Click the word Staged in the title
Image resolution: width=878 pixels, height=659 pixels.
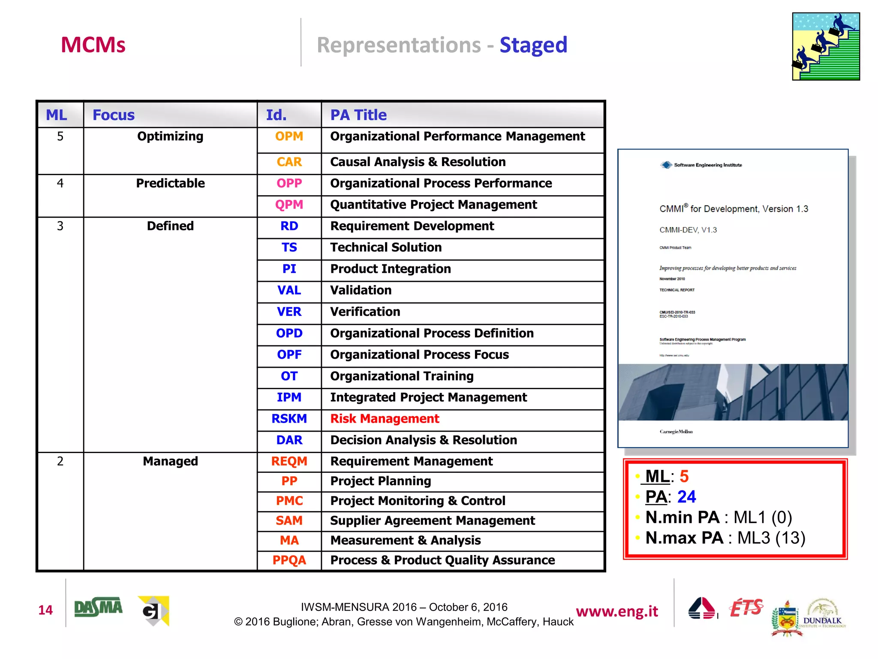[533, 45]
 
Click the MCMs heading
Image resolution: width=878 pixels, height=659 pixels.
[93, 45]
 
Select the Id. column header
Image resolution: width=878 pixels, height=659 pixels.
[276, 115]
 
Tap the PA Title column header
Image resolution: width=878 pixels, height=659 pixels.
[358, 115]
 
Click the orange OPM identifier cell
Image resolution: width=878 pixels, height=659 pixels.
[289, 136]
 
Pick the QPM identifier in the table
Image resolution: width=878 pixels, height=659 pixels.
[289, 205]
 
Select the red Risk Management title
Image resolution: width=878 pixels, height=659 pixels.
[385, 419]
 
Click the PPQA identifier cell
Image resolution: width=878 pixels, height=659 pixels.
[289, 560]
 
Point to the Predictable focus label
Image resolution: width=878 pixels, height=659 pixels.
[170, 183]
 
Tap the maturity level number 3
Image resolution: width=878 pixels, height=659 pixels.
[60, 226]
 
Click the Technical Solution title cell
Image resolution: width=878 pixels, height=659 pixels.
[386, 248]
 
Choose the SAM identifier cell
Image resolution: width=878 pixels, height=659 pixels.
[289, 521]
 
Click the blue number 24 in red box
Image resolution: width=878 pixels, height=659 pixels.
[686, 497]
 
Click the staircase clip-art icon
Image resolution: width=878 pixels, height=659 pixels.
[826, 46]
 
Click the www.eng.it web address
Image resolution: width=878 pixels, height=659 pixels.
[616, 611]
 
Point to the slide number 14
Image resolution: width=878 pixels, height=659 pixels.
[45, 610]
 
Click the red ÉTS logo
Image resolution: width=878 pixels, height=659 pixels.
[746, 608]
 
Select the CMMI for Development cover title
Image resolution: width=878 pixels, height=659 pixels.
[734, 209]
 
